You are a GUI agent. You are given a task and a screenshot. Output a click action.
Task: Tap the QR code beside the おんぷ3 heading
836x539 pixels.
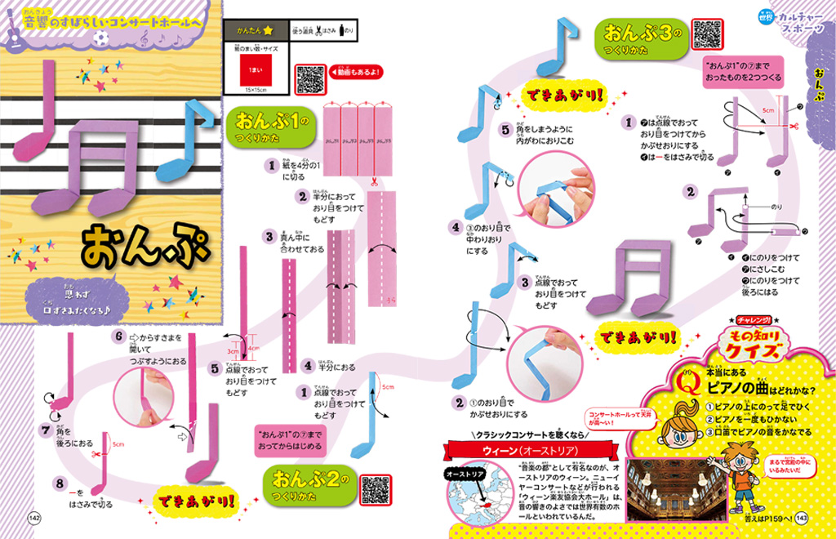707,33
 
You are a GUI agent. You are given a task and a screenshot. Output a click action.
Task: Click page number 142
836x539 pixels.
34,516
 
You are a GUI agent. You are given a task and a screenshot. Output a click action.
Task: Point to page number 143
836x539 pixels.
802,516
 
